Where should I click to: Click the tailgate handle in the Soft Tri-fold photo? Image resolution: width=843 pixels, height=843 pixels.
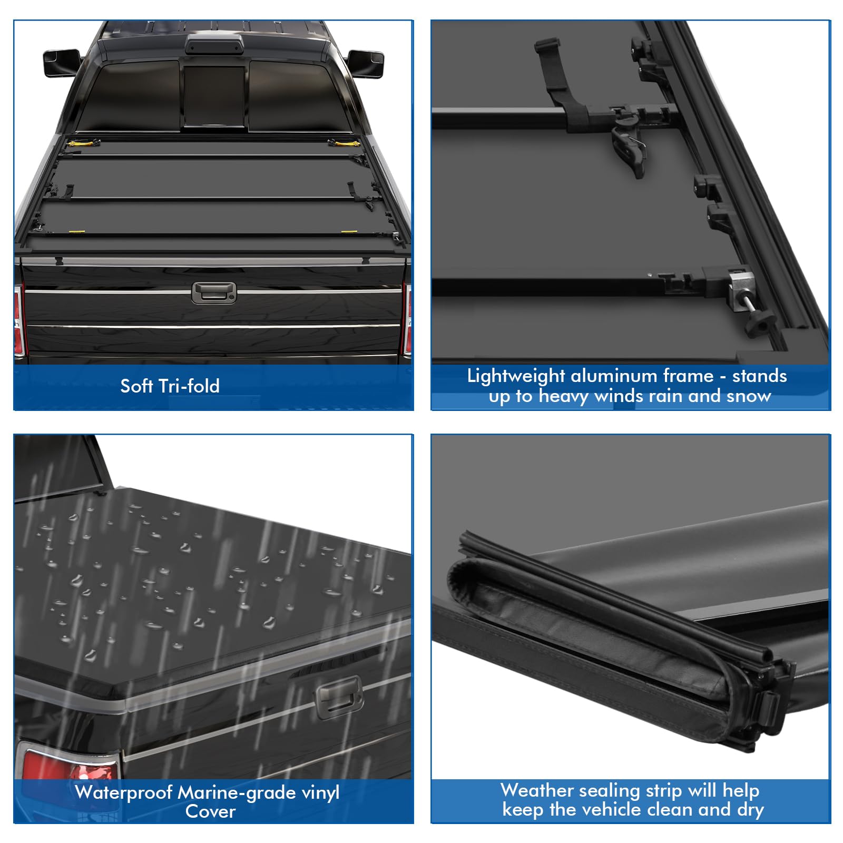[214, 293]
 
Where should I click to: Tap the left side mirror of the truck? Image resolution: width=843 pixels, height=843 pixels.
[61, 63]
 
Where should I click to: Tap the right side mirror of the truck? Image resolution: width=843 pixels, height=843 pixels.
[365, 63]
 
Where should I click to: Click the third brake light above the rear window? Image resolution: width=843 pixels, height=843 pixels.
[214, 46]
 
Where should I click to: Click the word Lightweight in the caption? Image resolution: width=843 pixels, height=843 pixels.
[516, 377]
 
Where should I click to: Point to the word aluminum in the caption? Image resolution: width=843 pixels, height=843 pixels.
[614, 376]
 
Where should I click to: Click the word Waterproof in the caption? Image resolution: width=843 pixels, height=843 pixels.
[124, 793]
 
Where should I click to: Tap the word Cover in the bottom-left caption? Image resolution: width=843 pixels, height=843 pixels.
[210, 811]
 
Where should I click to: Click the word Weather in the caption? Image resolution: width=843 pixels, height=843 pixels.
[536, 790]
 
